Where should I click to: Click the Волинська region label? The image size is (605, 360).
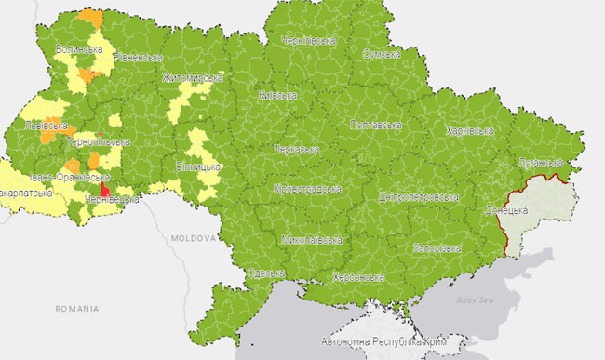78,49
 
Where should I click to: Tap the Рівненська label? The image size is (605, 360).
138,58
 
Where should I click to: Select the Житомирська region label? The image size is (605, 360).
193,77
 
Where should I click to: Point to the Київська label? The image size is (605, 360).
277,95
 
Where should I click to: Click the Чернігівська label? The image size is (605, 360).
308,41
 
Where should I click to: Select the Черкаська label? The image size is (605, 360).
298,149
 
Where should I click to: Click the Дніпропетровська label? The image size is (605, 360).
419,197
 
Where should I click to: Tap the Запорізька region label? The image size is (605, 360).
437,248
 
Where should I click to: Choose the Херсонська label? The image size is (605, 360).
359,277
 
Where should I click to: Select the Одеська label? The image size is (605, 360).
266,273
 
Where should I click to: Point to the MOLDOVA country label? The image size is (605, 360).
192,239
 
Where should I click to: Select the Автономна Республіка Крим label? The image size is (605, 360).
383,342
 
